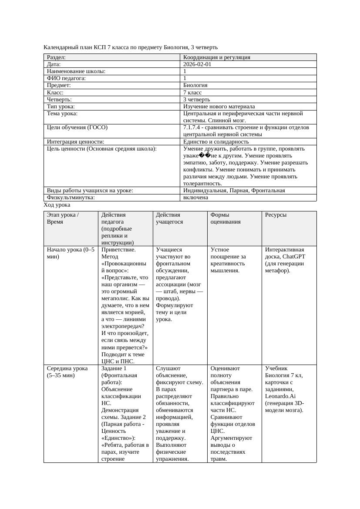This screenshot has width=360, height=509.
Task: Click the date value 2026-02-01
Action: point(198,64)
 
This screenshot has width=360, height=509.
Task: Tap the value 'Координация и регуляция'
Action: point(217,57)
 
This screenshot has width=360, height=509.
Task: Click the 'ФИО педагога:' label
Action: point(66,78)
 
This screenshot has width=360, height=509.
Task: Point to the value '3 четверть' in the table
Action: point(196,99)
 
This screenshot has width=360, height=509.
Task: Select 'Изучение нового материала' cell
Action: point(219,106)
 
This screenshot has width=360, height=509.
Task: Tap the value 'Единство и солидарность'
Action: point(216,141)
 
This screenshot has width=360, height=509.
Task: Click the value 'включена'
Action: point(195,198)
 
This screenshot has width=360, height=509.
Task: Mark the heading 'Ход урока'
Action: point(57,205)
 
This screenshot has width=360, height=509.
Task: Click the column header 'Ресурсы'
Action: point(276,215)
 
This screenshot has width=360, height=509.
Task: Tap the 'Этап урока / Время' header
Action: point(63,218)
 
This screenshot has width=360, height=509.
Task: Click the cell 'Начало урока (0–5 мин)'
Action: point(71,253)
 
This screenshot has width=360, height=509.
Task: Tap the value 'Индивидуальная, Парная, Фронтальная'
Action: point(234,191)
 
